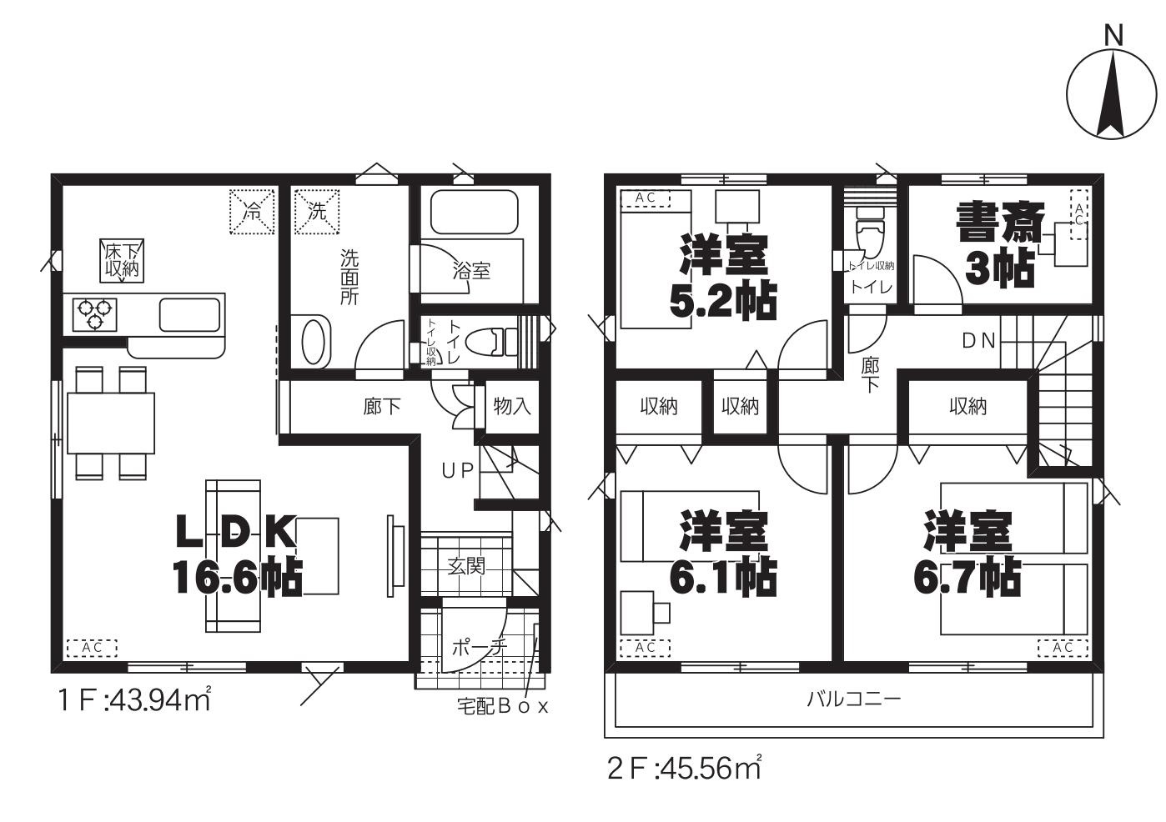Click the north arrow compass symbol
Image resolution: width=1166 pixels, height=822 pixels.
pos(1110,95)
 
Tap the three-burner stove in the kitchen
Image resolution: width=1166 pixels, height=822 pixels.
pos(94,315)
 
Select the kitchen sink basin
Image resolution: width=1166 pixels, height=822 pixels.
pos(189,314)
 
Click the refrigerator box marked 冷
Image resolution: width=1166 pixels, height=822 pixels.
pos(252,213)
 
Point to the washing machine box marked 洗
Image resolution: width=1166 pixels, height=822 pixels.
pos(317,213)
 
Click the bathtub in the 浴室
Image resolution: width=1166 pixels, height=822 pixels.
pos(475,212)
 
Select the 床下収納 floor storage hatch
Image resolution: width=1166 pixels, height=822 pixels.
pos(122,261)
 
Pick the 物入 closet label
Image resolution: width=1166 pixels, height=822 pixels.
pos(512,406)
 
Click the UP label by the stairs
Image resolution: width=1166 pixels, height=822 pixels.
pos(458,471)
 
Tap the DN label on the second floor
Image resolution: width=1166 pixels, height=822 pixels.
pos(978,341)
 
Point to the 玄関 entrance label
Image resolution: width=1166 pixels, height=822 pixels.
pos(466,566)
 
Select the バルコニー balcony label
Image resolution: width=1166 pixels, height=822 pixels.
pos(854,699)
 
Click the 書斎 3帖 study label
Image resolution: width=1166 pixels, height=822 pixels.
pos(1000,243)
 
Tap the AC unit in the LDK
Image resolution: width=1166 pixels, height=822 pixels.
pos(92,648)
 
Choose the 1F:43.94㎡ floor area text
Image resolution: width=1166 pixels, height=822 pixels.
pos(134,700)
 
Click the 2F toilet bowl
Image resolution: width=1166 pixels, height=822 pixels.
pos(871,232)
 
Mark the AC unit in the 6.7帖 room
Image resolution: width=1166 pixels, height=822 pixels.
pos(1063,648)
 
